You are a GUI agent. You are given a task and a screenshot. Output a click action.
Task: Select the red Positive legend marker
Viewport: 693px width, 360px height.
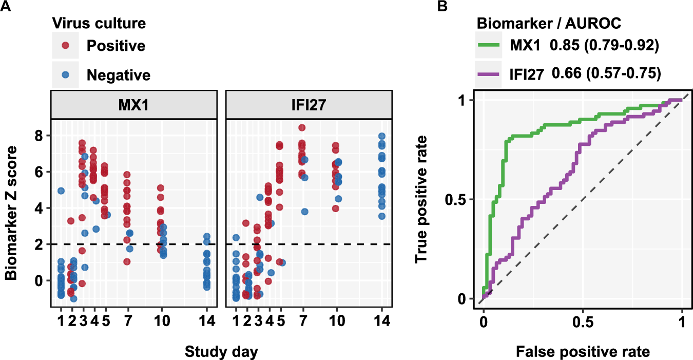(x=65, y=46)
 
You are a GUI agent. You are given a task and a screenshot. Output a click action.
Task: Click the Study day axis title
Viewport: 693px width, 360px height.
(x=221, y=352)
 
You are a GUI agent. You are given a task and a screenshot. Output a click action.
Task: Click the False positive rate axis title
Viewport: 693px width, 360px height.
(x=582, y=352)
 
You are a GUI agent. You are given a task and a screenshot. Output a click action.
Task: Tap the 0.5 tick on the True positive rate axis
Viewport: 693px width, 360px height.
(x=459, y=199)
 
